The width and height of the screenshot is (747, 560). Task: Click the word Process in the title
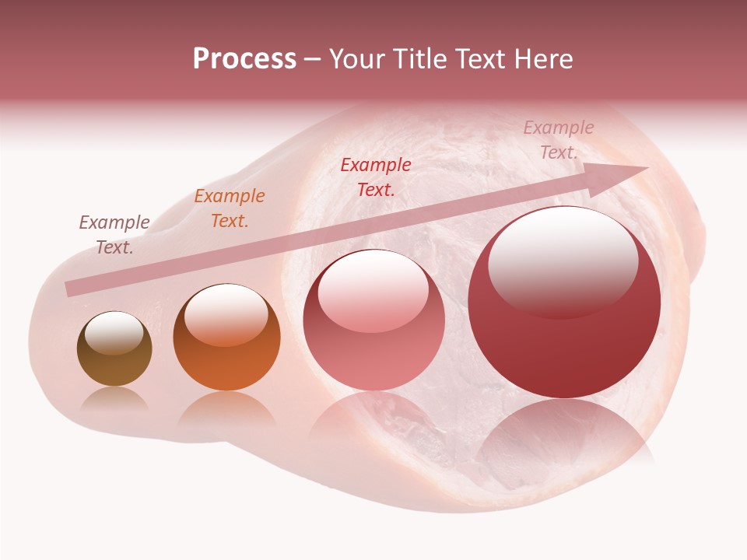pos(244,59)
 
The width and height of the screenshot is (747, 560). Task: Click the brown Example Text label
pos(114,234)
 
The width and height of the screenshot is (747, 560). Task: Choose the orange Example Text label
pos(229,208)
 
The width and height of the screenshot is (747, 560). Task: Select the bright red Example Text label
pos(376,177)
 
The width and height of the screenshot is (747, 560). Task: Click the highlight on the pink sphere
pos(373,289)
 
